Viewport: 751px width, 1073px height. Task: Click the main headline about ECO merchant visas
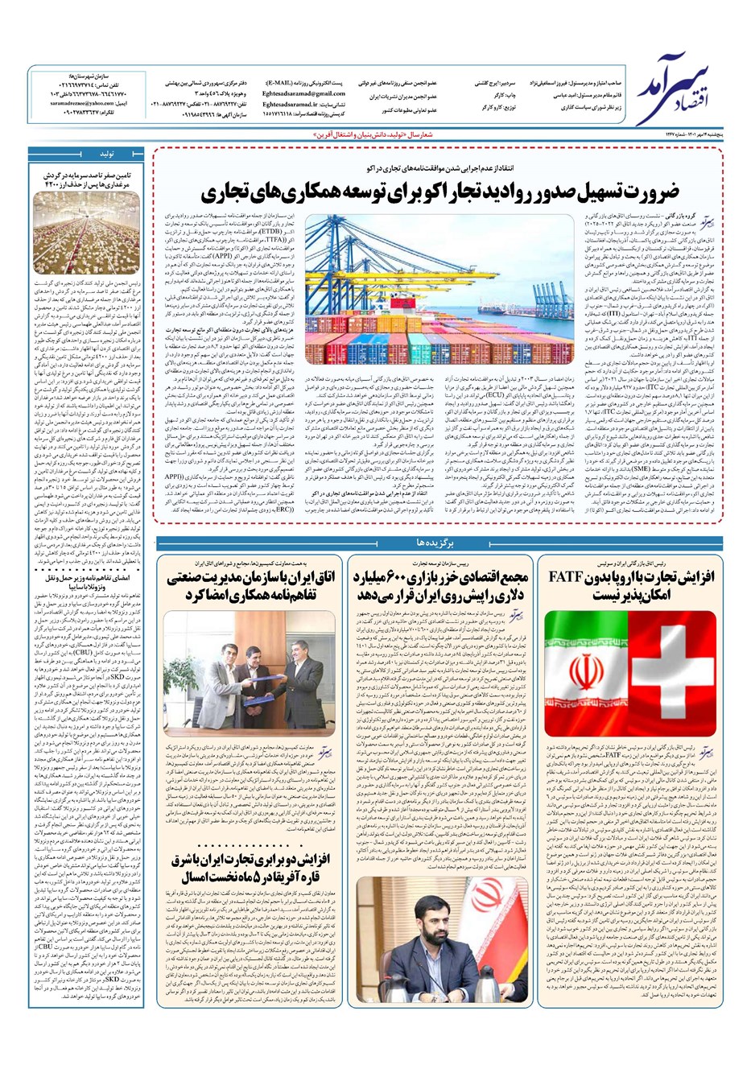point(440,192)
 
